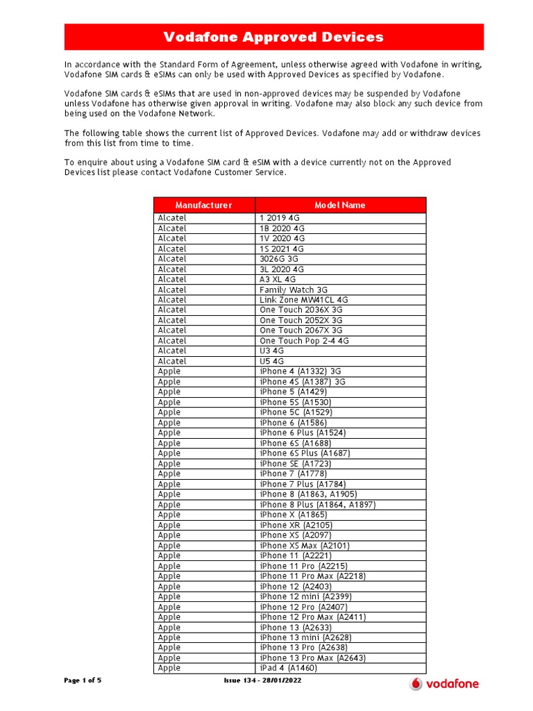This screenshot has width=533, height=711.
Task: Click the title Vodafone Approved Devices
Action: [x=273, y=37]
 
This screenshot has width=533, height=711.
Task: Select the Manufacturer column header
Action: [x=203, y=205]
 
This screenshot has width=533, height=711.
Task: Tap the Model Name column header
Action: [x=339, y=205]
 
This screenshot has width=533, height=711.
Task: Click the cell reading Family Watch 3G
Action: [x=294, y=290]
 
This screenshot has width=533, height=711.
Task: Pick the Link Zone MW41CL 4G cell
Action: [x=304, y=300]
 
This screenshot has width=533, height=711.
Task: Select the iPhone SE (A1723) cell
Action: [x=295, y=464]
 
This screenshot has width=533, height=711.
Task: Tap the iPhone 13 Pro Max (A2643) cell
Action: [x=312, y=658]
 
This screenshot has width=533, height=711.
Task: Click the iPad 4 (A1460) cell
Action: [x=288, y=668]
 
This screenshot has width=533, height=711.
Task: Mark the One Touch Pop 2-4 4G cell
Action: [x=304, y=341]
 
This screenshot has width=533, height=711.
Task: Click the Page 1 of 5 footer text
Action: [x=83, y=680]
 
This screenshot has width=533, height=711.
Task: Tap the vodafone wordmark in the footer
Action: [x=452, y=683]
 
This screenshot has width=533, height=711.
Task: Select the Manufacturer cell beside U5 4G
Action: [x=172, y=361]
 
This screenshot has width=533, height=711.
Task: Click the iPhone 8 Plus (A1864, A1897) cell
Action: [x=317, y=505]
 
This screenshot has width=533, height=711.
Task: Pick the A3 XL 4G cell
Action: [x=278, y=279]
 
